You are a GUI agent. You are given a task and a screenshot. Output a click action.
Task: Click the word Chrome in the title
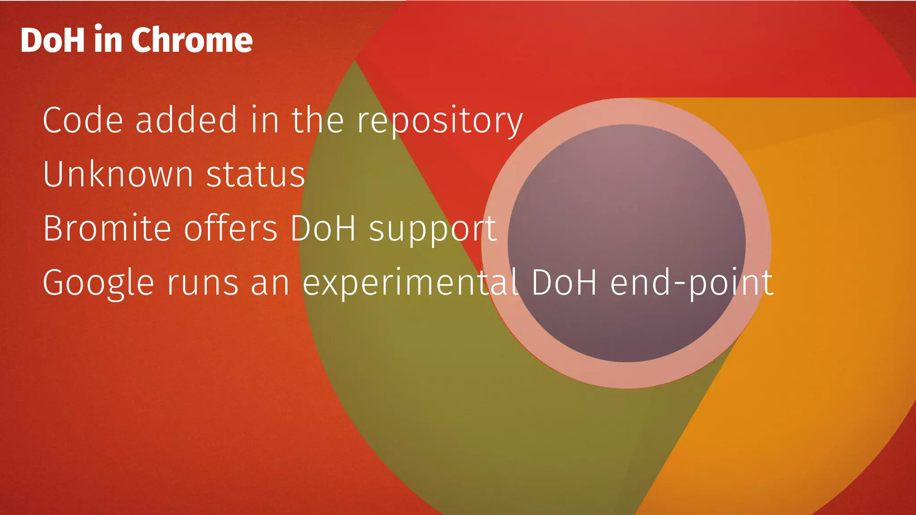coord(192,40)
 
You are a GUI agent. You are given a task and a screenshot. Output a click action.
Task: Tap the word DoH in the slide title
coord(52,40)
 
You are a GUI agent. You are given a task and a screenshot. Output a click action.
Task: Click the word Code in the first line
coord(83,120)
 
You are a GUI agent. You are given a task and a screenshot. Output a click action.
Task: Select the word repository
coord(439,121)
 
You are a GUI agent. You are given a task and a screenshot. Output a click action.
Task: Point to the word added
coord(186,120)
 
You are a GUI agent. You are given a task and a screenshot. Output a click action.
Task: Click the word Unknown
coord(118,174)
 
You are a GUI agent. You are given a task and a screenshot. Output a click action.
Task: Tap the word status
coord(256,174)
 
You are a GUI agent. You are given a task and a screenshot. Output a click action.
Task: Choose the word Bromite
coord(107,228)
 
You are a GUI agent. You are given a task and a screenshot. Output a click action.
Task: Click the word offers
coord(231,228)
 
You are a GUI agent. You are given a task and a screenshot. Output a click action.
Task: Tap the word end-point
coord(692,283)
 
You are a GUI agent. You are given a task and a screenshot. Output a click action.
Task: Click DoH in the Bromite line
coord(323,228)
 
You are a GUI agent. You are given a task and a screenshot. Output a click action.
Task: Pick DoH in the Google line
coord(564,283)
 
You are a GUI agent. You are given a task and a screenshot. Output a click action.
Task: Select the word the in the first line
coord(318,120)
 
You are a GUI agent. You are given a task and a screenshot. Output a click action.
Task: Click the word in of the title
coord(108,40)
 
